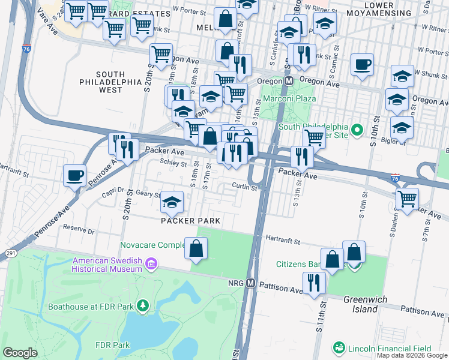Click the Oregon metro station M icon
click(x=288, y=80)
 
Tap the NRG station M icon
click(x=251, y=283)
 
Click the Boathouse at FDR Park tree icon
click(x=142, y=307)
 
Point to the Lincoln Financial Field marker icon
click(x=339, y=348)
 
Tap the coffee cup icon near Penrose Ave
click(x=75, y=175)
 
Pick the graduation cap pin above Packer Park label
click(x=172, y=203)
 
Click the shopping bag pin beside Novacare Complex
click(x=196, y=248)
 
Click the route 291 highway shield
click(x=9, y=253)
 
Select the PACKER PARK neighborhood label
click(x=190, y=221)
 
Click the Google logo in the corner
click(x=20, y=353)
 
